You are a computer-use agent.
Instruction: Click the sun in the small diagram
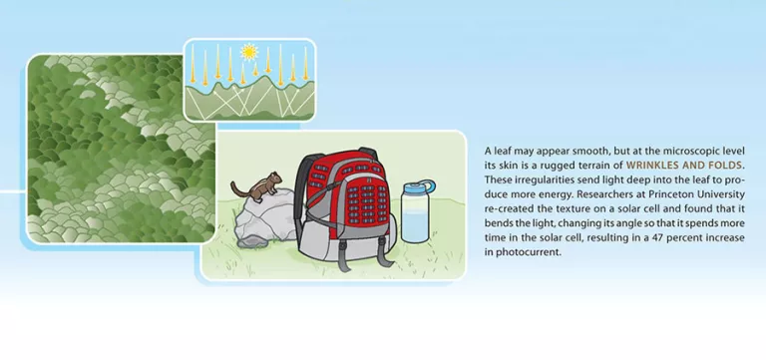click(249, 50)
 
